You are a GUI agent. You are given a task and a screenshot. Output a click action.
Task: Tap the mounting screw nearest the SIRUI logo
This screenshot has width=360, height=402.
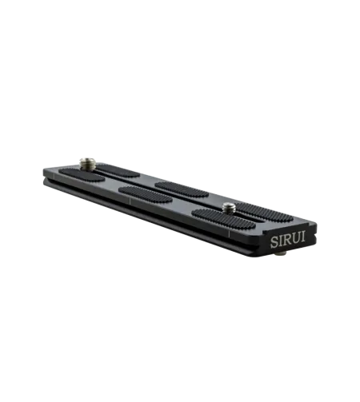[x=228, y=208]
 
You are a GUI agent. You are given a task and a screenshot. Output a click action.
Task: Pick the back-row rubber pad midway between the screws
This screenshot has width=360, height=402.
[x=178, y=185]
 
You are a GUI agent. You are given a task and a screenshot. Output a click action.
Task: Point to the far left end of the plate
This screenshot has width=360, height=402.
[x=41, y=177]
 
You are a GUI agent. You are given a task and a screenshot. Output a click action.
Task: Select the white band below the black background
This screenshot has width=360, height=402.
[x=180, y=344]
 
